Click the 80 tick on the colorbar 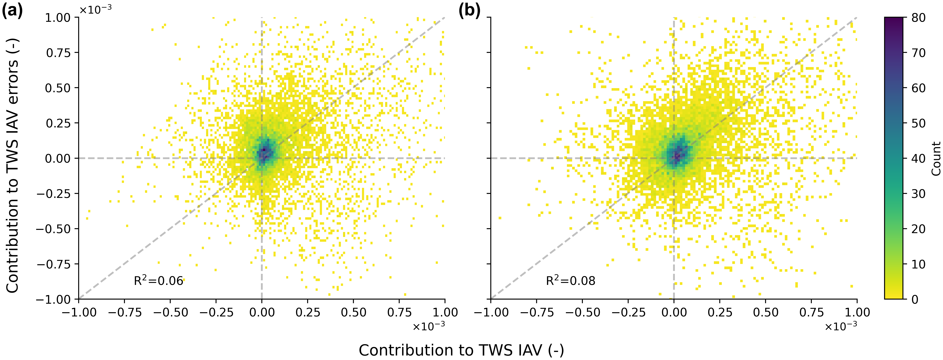[918, 18]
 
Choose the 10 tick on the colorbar [918, 264]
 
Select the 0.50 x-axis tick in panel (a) [353, 312]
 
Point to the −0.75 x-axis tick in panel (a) [125, 312]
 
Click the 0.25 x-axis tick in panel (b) [720, 312]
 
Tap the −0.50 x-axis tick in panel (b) [582, 312]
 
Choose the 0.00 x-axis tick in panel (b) [674, 312]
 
